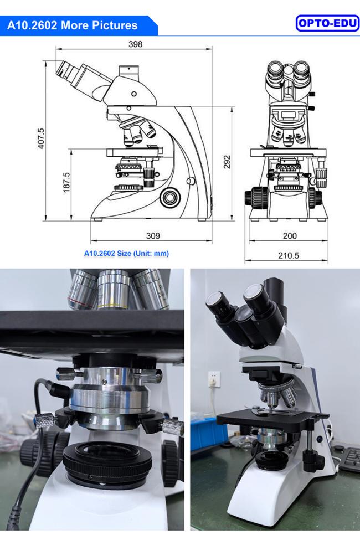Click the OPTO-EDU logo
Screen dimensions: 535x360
(328, 23)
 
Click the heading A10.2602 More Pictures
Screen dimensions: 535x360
(73, 25)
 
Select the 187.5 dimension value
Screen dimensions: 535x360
(66, 183)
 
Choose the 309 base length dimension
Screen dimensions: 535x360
(153, 236)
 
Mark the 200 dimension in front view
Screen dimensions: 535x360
(289, 236)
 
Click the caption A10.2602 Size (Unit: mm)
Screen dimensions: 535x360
(126, 254)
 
